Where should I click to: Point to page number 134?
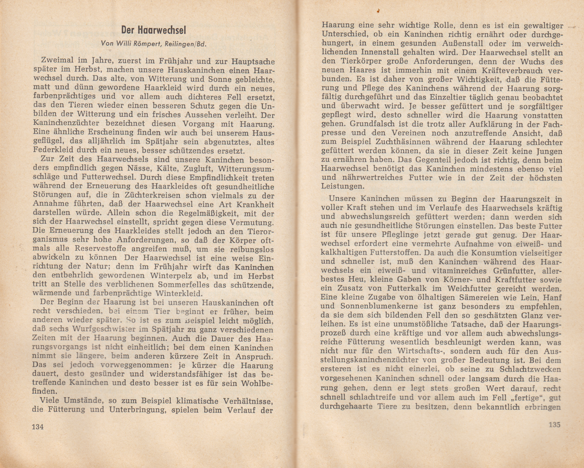[38, 427]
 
